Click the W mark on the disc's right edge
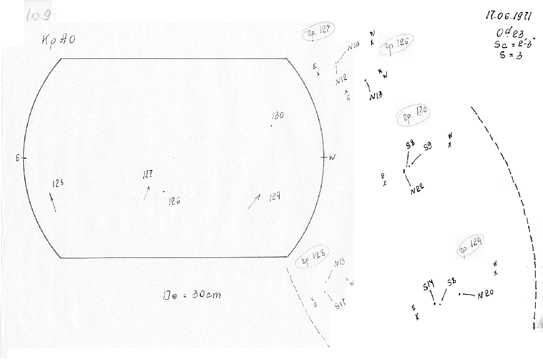pyautogui.click(x=332, y=158)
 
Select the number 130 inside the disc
pyautogui.click(x=277, y=116)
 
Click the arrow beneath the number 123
pyautogui.click(x=53, y=202)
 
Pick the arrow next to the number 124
pyautogui.click(x=254, y=201)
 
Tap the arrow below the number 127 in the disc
pyautogui.click(x=147, y=193)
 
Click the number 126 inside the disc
pyautogui.click(x=174, y=200)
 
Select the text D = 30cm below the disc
pyautogui.click(x=191, y=295)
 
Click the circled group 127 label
pyautogui.click(x=320, y=32)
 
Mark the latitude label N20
pyautogui.click(x=487, y=295)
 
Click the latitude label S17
pyautogui.click(x=340, y=305)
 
